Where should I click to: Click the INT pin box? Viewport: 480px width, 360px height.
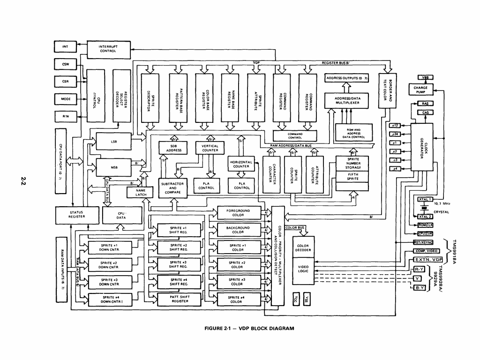click(x=65, y=46)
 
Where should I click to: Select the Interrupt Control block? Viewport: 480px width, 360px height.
click(x=108, y=48)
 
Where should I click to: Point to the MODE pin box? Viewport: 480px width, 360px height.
click(x=65, y=99)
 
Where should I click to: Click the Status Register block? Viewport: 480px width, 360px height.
click(x=76, y=215)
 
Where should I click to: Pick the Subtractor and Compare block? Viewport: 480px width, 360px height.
click(x=172, y=188)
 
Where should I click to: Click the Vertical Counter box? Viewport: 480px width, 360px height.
click(x=210, y=148)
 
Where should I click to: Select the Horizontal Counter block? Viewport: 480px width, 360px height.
click(x=241, y=164)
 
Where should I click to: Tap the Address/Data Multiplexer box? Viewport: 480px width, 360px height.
click(x=347, y=100)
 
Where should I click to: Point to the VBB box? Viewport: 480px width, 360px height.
click(x=425, y=77)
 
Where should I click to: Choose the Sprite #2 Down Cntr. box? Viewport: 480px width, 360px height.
click(x=109, y=265)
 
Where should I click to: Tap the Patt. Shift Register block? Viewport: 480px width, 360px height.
click(x=179, y=299)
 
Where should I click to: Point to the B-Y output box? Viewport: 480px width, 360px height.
click(x=419, y=287)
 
